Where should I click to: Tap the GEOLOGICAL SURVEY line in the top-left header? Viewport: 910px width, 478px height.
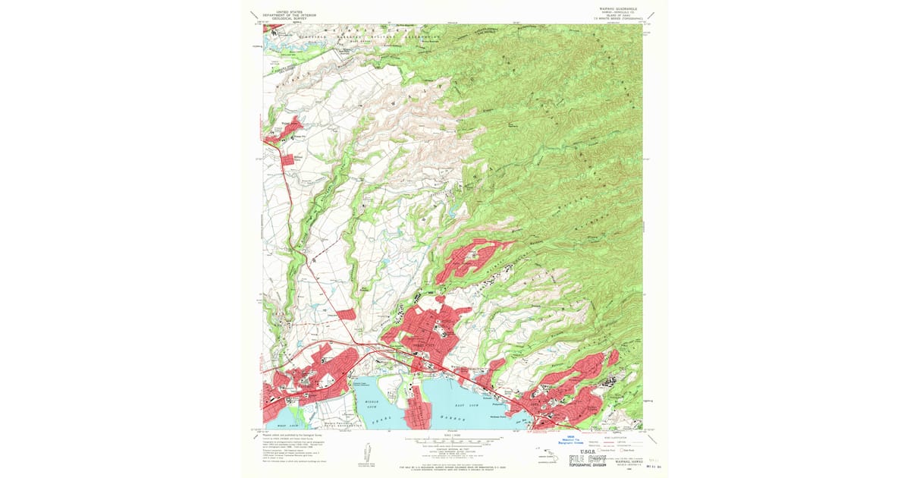[289, 20]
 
